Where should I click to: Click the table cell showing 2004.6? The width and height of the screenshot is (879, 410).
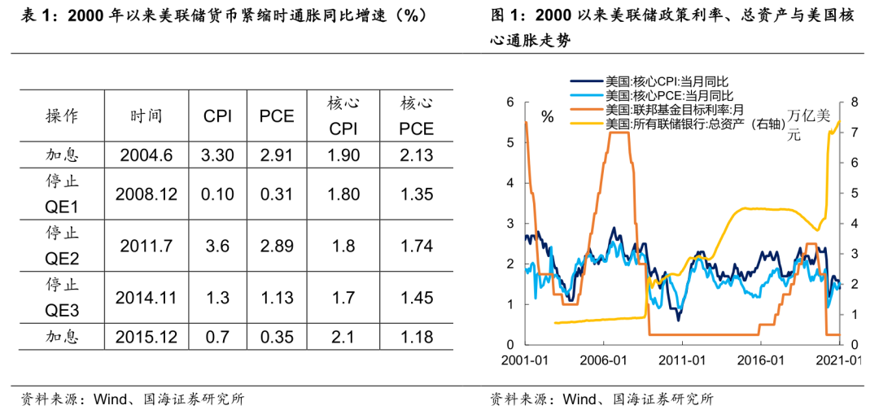pos(146,155)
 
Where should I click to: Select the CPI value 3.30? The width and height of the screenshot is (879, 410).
pos(217,155)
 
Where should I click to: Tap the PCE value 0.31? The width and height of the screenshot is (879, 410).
pos(277,194)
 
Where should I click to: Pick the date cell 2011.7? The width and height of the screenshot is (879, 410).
pos(146,246)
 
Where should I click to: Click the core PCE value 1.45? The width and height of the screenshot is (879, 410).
pos(417,298)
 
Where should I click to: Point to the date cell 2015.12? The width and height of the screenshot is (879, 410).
pos(146,336)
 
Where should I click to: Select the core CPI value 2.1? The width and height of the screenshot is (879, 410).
pos(343,336)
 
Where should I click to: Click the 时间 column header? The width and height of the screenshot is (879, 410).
pos(146,116)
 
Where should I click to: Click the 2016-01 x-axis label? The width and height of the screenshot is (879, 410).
pos(763,360)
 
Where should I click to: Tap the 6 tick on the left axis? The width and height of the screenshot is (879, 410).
pos(510,102)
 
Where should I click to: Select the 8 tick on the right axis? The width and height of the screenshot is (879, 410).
pos(855,102)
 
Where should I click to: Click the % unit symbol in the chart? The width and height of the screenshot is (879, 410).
pos(547,117)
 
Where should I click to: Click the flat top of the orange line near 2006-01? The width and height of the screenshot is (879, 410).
pos(619,132)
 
